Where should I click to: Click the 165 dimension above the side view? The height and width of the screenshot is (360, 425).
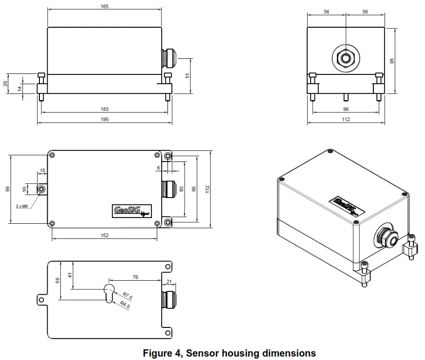click(x=104, y=6)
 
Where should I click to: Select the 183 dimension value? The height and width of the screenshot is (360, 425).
click(x=104, y=109)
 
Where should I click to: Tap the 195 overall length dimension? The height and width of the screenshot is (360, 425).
click(x=104, y=119)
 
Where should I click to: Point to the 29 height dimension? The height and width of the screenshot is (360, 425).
click(x=5, y=84)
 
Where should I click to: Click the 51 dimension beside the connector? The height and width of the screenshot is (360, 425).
click(x=187, y=75)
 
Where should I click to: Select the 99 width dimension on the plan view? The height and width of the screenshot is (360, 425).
click(x=7, y=188)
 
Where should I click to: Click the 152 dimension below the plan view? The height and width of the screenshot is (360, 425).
click(x=104, y=235)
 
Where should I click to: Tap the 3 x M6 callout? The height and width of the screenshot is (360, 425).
click(x=21, y=206)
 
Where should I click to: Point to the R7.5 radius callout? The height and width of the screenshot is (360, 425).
click(x=128, y=295)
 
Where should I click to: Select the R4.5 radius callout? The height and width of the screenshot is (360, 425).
click(x=126, y=305)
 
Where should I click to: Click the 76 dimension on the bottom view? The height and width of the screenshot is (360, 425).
click(x=135, y=277)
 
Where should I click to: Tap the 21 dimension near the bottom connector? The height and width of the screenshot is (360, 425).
click(x=169, y=282)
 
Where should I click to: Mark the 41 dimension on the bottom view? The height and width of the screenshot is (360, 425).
click(x=70, y=275)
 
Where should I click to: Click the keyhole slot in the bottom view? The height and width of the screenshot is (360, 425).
click(x=109, y=292)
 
